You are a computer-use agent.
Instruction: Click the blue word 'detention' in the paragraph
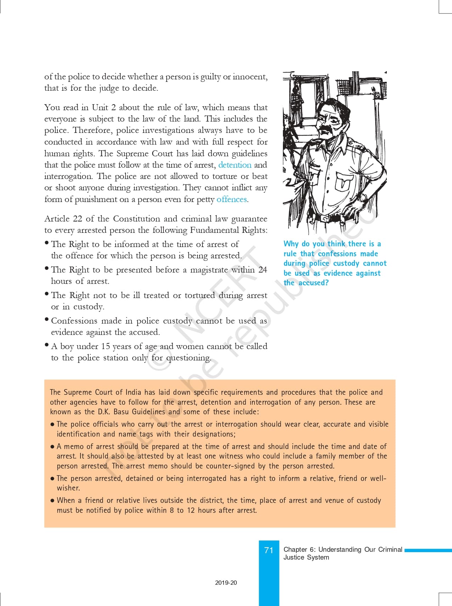(x=235, y=165)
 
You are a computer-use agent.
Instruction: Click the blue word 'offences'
(x=231, y=200)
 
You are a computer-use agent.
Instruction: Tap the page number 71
(x=269, y=550)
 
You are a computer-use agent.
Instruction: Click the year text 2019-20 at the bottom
(x=226, y=583)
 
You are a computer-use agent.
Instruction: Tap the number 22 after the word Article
(x=77, y=219)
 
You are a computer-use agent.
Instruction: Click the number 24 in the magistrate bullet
(x=263, y=270)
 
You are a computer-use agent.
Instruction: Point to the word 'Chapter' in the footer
(x=295, y=550)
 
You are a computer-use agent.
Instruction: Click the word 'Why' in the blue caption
(x=291, y=244)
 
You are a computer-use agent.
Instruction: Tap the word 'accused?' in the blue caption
(x=313, y=283)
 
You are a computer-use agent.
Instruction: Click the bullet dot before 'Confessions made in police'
(x=47, y=320)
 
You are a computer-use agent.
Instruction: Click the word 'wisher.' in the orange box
(x=68, y=488)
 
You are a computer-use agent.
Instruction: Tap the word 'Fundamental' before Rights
(x=214, y=230)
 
